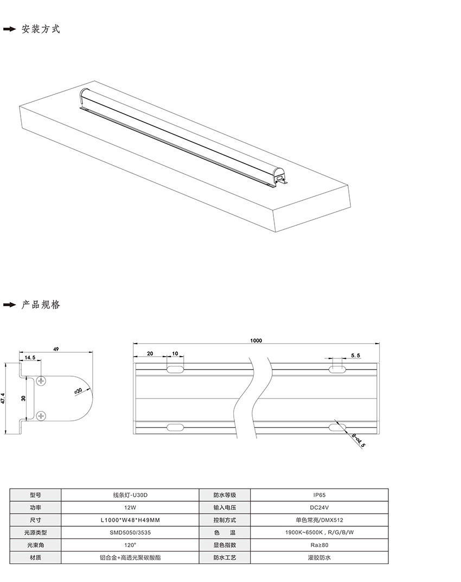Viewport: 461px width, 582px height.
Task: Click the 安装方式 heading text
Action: coord(41,29)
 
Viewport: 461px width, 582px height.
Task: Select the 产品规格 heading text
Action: coord(41,305)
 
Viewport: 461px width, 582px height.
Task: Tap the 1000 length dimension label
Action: coord(256,340)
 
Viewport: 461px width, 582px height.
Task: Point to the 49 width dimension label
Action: coord(56,349)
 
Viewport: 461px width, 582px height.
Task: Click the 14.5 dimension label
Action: coord(30,357)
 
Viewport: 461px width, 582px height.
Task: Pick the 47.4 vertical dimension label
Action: coord(3,398)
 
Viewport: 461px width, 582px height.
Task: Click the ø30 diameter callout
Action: coord(78,391)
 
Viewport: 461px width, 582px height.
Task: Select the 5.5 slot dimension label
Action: coord(355,356)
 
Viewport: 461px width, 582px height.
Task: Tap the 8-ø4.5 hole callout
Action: coord(358,440)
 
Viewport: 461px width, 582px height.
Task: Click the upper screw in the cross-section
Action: coord(41,381)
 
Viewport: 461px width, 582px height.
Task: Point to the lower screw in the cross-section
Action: coord(41,416)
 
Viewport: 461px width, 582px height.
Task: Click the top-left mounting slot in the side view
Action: coord(175,369)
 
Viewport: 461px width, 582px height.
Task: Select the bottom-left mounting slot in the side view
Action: coord(175,428)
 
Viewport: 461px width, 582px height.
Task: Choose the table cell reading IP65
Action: coord(319,495)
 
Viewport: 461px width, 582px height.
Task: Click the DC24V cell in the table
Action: coord(319,508)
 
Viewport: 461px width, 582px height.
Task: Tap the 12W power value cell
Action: coord(130,508)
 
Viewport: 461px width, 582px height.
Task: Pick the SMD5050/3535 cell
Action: coord(130,532)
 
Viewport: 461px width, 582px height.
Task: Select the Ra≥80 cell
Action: coord(319,545)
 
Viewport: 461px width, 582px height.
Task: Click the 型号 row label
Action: coord(36,495)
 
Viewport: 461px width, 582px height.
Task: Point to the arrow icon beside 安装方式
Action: coord(10,29)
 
